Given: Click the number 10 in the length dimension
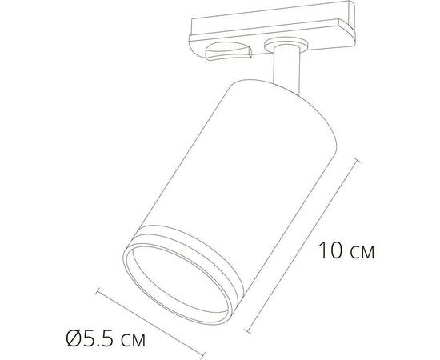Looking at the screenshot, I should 330,250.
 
